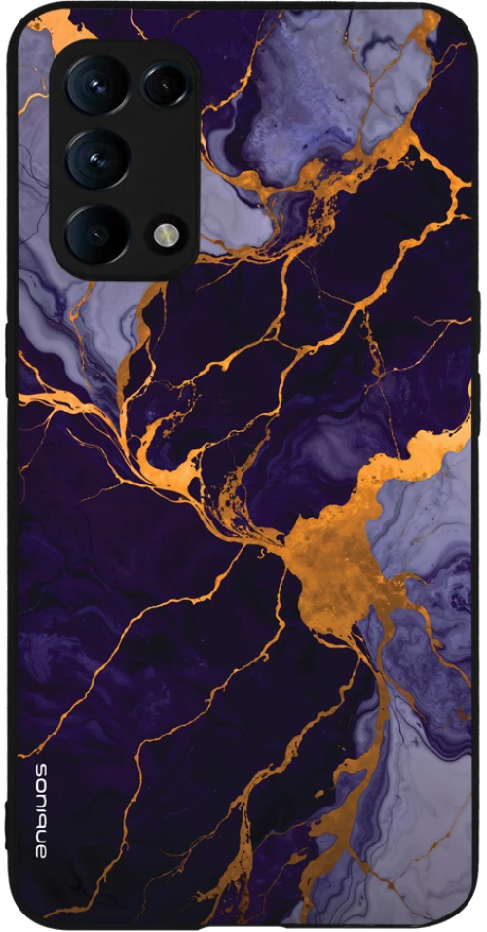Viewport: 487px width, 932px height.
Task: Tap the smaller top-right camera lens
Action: click(x=165, y=86)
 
